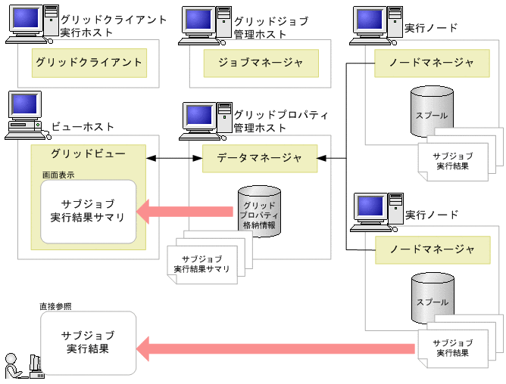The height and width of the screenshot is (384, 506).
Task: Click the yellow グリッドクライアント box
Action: [89, 63]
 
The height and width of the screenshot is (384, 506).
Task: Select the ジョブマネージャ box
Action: [261, 63]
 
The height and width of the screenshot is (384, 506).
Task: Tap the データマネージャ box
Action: [260, 158]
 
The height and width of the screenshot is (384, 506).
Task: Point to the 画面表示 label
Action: [58, 175]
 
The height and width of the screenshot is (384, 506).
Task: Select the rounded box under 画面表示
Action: [89, 211]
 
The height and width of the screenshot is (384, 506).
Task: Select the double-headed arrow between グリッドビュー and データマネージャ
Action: [174, 158]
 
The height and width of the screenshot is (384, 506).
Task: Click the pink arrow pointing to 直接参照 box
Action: [276, 348]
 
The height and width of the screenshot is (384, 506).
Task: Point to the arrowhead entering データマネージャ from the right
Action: [323, 158]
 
